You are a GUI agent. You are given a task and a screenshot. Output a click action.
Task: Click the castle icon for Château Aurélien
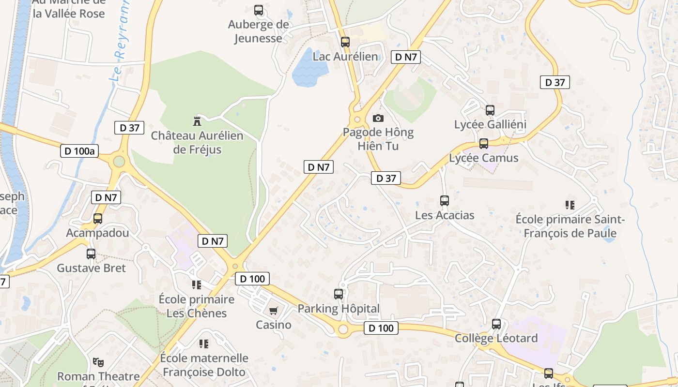point(197,120)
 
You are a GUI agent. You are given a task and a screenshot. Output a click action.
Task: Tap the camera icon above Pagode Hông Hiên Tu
point(378,118)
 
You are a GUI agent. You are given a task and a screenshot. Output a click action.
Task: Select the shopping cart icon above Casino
point(274,311)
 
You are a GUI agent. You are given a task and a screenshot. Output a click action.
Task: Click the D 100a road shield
point(79,151)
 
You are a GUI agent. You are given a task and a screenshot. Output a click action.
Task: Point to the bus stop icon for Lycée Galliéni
point(490,110)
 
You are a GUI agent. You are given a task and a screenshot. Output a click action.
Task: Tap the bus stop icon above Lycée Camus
point(483,144)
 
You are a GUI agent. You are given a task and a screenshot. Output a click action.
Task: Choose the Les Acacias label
point(445,215)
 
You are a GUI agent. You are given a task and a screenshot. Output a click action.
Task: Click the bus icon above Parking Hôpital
point(339,294)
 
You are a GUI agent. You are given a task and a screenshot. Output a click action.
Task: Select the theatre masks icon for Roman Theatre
point(98,362)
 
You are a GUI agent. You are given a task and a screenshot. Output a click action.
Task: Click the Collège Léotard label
point(496,338)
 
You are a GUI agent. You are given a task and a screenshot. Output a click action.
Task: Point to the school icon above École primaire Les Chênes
point(196,285)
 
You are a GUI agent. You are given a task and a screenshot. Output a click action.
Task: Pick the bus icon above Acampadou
point(98,219)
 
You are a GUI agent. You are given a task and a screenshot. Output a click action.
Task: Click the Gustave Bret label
point(91,268)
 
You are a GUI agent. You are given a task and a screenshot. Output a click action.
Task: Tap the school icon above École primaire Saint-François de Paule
point(570,205)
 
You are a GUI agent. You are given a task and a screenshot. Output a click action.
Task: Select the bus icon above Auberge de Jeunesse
point(259,10)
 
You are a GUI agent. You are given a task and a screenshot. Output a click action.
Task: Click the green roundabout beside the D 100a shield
point(119,162)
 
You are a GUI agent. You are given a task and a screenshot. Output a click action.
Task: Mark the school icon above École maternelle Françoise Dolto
point(204,344)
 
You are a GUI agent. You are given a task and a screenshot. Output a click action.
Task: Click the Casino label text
point(274,325)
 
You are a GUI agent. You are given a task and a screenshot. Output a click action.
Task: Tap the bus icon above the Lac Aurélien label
point(345,42)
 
